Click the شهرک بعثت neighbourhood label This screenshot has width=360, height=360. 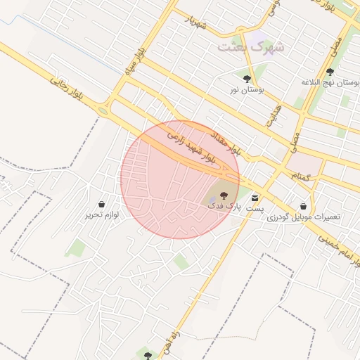pos(251,47)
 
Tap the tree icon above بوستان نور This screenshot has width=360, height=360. pos(247,79)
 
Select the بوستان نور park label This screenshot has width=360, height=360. pos(247,90)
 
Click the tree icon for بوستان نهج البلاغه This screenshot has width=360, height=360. pos(330,72)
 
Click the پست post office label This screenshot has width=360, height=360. pos(255,209)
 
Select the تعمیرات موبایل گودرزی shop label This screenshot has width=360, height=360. pos(304,217)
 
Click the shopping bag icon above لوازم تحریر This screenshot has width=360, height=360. pos(103,203)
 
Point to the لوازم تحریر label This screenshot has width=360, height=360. pos(103,214)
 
